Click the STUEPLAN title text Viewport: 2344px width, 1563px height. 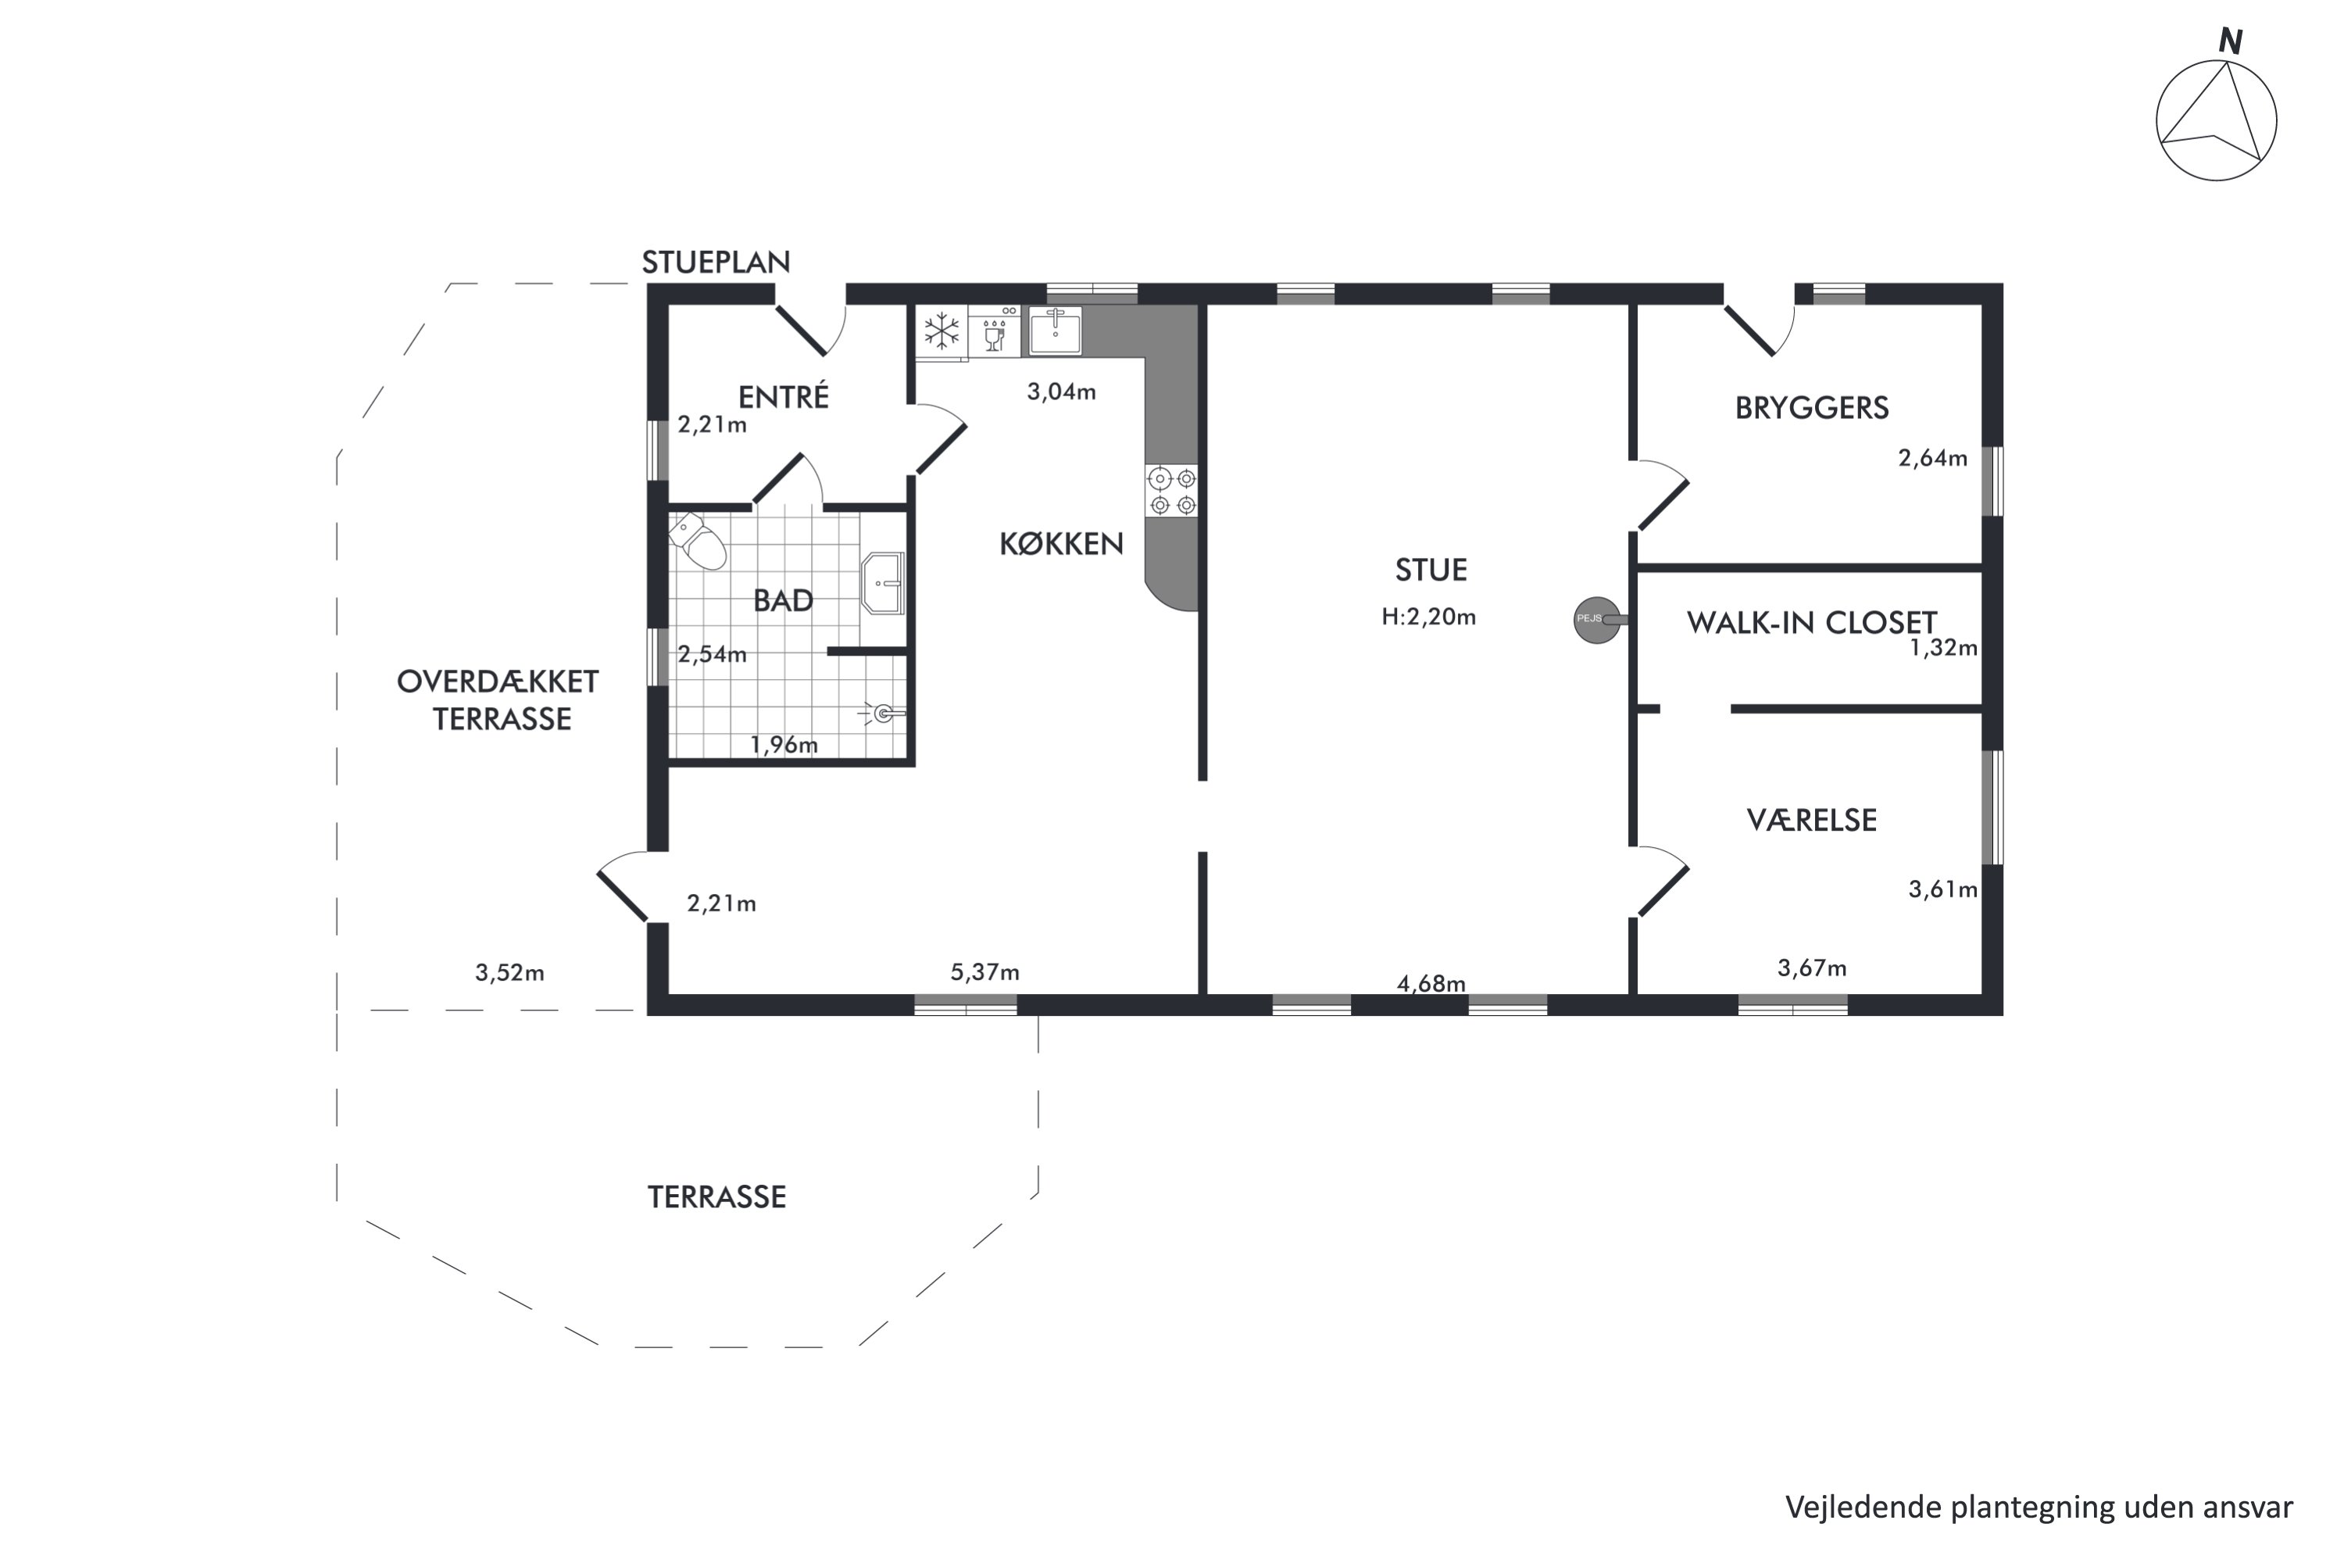click(x=716, y=262)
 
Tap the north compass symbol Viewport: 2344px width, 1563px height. click(x=2217, y=112)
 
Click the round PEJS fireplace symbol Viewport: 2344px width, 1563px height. click(x=1596, y=620)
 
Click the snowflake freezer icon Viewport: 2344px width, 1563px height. click(x=942, y=330)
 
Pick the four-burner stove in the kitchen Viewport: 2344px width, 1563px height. click(x=1172, y=492)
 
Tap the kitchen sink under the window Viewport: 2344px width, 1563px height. click(x=1054, y=330)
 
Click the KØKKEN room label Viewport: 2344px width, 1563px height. click(x=1061, y=543)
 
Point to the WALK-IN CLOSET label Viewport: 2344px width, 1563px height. click(x=1812, y=623)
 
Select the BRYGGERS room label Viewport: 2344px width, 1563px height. click(x=1812, y=408)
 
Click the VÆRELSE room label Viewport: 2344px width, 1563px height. click(x=1812, y=821)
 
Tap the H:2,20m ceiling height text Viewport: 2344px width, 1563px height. click(x=1428, y=617)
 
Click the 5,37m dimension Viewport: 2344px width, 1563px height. click(x=984, y=972)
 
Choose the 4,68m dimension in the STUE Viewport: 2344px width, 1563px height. click(x=1431, y=984)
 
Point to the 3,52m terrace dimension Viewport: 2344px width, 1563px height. click(x=509, y=973)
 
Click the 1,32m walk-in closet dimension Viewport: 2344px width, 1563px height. click(x=1943, y=648)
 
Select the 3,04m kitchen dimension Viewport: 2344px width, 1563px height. click(x=1061, y=392)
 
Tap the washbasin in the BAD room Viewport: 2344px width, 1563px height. click(x=883, y=584)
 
